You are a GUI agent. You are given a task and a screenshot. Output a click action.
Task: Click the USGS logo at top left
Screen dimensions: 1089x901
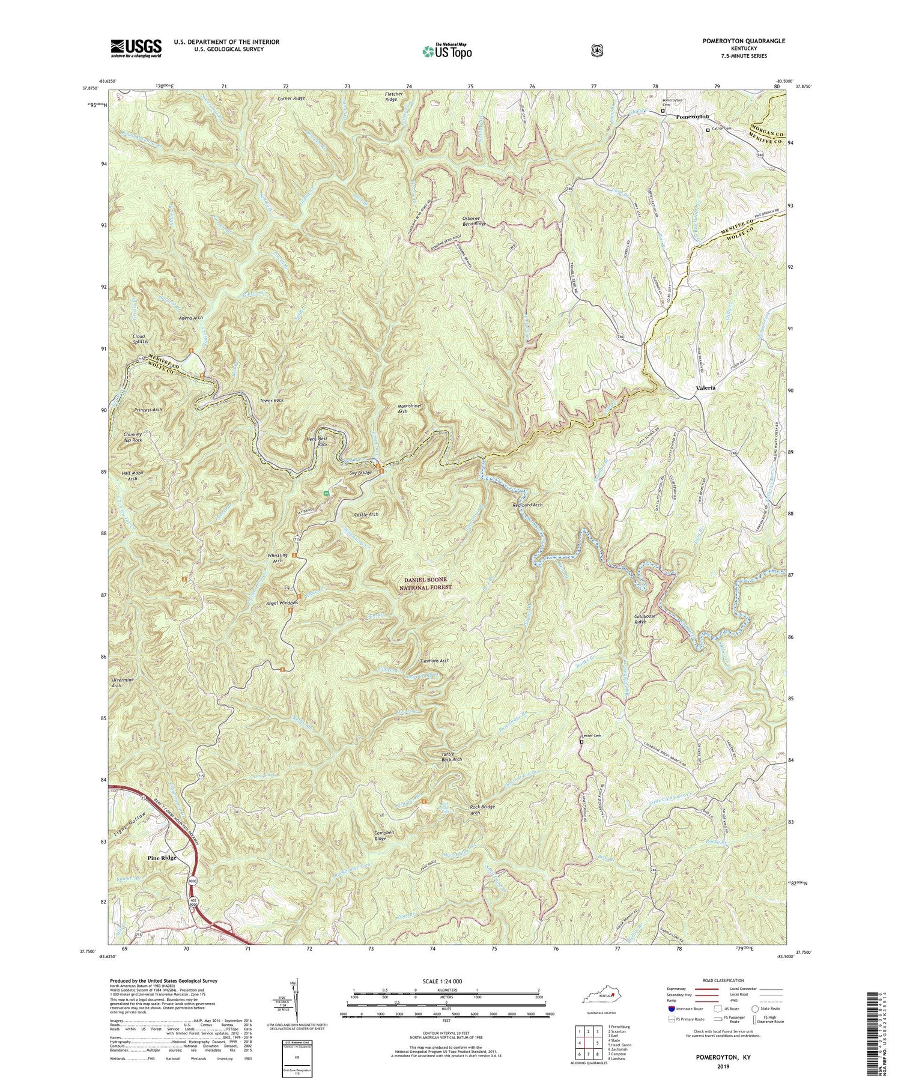(x=136, y=47)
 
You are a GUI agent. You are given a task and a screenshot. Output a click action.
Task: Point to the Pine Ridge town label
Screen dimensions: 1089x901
(x=162, y=858)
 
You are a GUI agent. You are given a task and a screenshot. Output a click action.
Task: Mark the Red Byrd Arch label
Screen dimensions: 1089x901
(x=527, y=505)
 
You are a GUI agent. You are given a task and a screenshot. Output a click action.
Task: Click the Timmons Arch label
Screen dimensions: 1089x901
(x=434, y=661)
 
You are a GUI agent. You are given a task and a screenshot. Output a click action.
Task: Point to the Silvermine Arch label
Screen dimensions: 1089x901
(x=125, y=682)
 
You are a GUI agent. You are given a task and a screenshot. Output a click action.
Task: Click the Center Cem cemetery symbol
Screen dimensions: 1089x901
(x=581, y=742)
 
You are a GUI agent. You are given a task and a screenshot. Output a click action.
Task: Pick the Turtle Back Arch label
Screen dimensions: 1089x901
(x=451, y=756)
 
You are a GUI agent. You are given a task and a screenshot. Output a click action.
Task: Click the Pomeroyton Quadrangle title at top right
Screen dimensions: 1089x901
(x=735, y=41)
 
